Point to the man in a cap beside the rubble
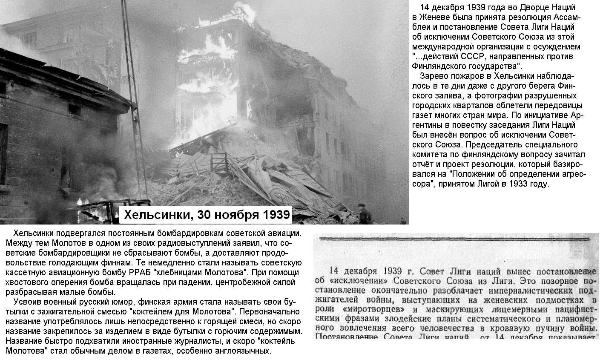(363, 213)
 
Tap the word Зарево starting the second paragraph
(434, 76)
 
